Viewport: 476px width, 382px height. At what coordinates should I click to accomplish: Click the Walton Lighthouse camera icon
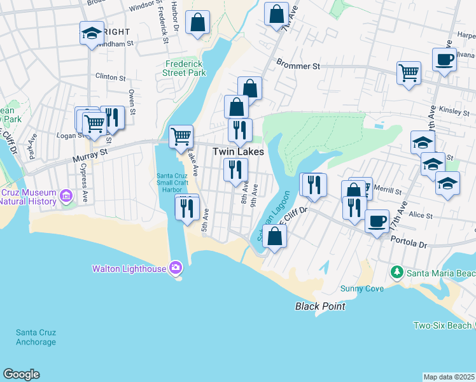pos(175,267)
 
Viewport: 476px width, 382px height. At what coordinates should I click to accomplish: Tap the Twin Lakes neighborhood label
pos(238,152)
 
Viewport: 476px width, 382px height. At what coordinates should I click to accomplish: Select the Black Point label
pos(320,306)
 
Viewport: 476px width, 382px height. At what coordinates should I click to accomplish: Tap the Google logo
pos(21,374)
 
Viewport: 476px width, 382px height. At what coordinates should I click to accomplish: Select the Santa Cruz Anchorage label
pos(36,337)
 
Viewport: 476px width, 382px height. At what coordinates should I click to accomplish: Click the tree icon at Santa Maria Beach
pos(397,272)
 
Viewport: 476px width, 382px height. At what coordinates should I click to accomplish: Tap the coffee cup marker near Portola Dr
pos(377,221)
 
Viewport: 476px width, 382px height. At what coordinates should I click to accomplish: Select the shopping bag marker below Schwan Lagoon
pos(274,236)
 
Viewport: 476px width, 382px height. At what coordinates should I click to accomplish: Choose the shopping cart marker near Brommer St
pos(409,72)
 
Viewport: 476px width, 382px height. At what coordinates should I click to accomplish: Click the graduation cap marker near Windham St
pos(92,32)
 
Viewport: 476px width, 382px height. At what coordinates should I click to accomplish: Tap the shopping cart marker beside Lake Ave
pos(181,136)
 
